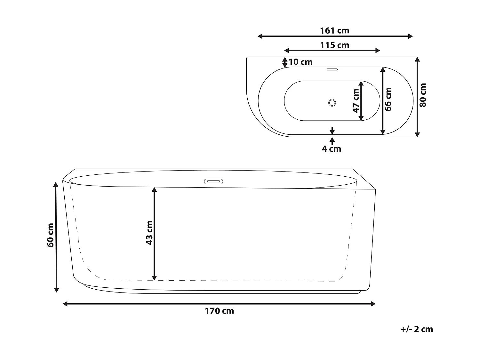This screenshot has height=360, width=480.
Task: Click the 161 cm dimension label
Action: [334, 31]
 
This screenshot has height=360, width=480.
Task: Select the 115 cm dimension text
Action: [334, 45]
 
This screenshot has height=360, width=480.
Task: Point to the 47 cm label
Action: [356, 100]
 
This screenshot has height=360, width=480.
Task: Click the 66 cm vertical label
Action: [388, 99]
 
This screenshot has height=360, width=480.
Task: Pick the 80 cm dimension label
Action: [423, 95]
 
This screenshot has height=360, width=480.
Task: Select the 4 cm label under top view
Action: [332, 149]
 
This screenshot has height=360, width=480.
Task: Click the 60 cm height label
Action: [50, 235]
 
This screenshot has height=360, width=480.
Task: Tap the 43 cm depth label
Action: [149, 233]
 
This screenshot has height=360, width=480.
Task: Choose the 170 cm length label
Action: [219, 311]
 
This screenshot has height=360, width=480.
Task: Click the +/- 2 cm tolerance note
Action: [416, 329]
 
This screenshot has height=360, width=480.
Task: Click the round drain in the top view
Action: [332, 103]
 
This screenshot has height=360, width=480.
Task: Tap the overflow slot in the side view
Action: [213, 181]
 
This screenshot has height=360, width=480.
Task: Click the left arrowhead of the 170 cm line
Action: [65, 304]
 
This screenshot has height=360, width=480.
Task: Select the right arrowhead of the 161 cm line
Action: [411, 36]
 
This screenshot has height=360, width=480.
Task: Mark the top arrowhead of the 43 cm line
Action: [154, 189]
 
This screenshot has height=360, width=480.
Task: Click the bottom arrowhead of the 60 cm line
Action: [56, 290]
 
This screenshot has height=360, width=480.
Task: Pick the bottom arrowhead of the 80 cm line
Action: [417, 134]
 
